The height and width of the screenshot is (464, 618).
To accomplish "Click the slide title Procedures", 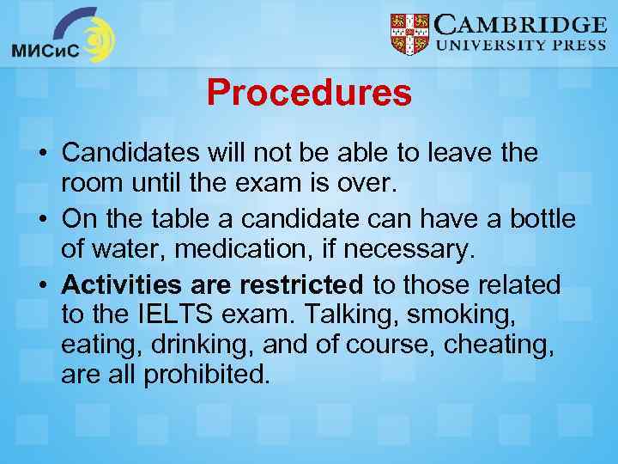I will tap(309, 93).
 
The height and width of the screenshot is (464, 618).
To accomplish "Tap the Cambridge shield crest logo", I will tap(409, 35).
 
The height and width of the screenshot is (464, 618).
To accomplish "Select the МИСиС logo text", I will tap(45, 51).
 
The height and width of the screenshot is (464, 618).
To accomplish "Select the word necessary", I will tap(410, 250).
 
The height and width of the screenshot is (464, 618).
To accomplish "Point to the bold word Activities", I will tap(122, 284).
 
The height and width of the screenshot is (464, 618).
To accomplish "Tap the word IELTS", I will tap(175, 314).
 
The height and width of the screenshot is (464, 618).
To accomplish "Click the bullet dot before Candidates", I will tap(40, 155).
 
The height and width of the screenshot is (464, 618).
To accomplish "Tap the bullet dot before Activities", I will tap(40, 284).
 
